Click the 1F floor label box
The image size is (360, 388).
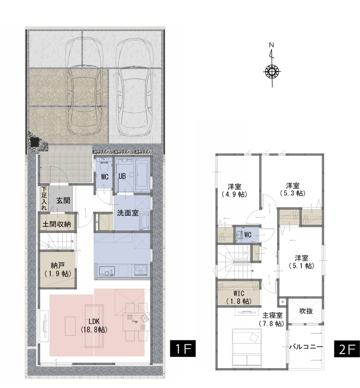click(x=183, y=349)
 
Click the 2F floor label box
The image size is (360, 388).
click(x=347, y=349)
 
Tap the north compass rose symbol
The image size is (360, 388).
click(x=272, y=72)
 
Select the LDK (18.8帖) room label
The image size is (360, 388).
click(x=94, y=325)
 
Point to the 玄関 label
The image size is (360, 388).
click(x=63, y=200)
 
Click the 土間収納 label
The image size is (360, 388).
click(x=57, y=224)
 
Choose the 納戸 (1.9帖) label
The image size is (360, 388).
click(x=58, y=270)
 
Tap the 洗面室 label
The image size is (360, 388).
click(x=128, y=213)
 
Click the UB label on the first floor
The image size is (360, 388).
click(x=122, y=177)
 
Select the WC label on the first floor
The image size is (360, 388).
click(x=105, y=177)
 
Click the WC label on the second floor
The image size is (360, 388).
click(x=247, y=235)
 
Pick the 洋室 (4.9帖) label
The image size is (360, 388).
click(x=234, y=190)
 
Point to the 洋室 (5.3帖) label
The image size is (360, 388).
click(x=293, y=189)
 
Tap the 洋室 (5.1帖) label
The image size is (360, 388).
click(x=301, y=262)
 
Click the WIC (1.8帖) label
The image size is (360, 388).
click(x=239, y=297)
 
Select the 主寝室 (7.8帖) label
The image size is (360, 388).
click(x=272, y=319)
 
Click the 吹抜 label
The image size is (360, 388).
click(x=306, y=311)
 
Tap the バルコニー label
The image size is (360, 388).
click(x=306, y=347)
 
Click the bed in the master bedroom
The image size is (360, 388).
click(x=246, y=347)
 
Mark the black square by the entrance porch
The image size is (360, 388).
click(x=35, y=142)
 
